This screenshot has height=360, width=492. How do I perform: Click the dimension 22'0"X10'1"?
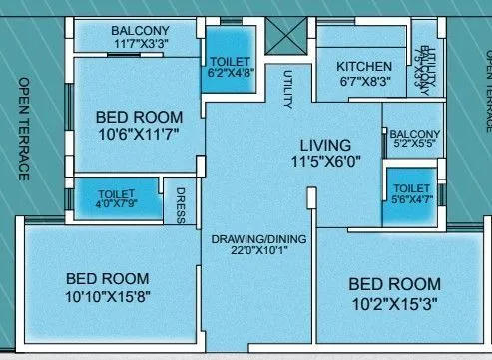257,253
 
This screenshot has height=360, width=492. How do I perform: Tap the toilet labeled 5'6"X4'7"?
412,193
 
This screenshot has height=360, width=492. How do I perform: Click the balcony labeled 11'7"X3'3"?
140,37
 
